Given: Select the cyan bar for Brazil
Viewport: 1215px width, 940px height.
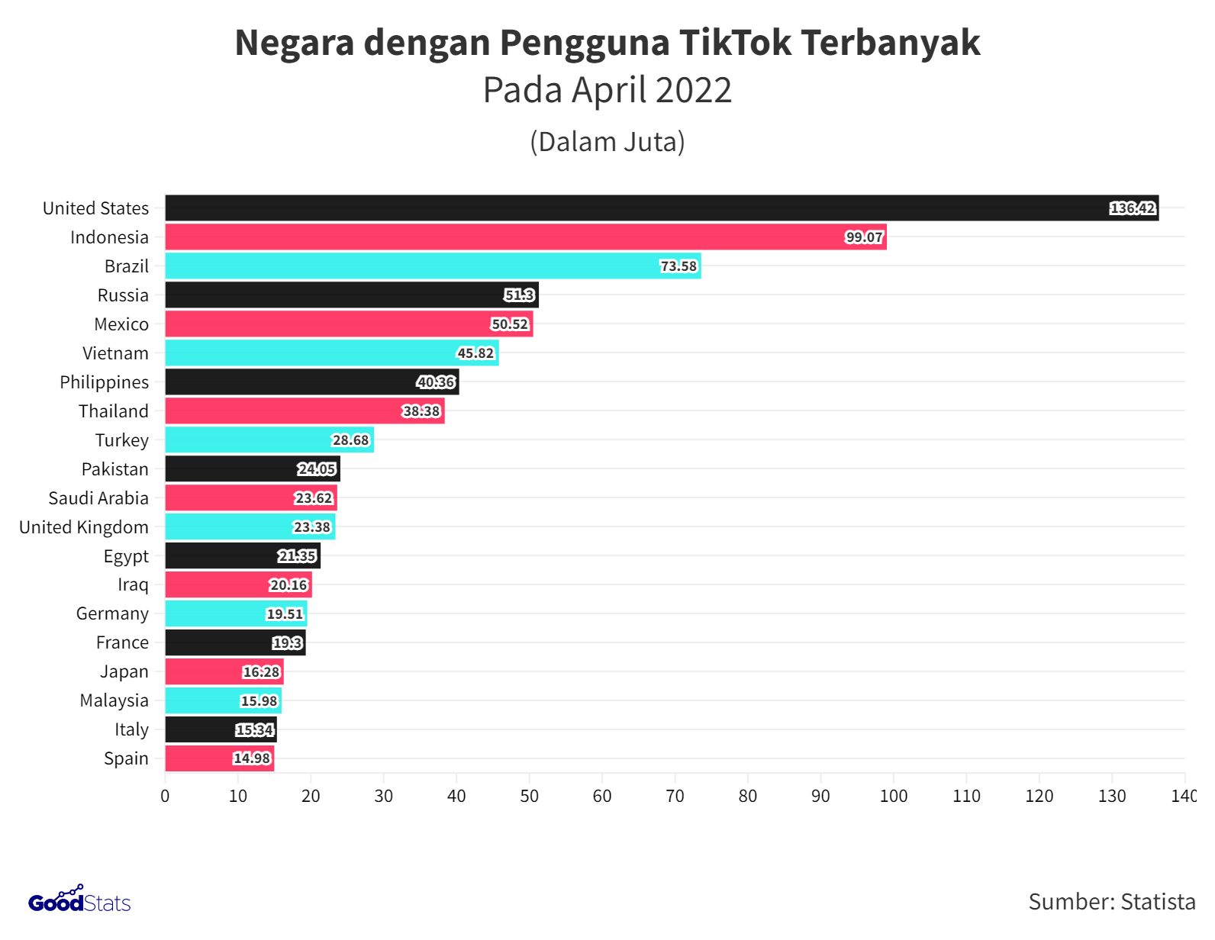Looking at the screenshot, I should [x=433, y=266].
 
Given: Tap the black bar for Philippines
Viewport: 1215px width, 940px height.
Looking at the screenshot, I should [x=311, y=382].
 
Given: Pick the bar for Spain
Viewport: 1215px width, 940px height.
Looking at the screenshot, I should [x=219, y=758].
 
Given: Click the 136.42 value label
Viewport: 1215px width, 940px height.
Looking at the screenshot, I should [x=1133, y=208].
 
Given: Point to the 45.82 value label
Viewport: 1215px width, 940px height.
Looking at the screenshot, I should [x=475, y=353].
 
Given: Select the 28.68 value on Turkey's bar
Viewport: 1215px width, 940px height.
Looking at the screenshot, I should [x=350, y=440].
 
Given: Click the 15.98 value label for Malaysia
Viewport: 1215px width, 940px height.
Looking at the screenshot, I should [x=259, y=701].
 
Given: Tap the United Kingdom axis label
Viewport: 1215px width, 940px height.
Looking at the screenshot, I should [x=84, y=527].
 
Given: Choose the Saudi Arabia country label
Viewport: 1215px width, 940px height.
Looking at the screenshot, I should [x=98, y=498].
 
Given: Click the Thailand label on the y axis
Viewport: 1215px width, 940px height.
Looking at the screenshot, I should [x=114, y=411].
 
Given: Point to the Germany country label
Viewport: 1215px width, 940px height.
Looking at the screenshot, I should [x=112, y=613].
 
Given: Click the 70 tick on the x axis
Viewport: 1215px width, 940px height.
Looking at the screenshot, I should [x=675, y=797].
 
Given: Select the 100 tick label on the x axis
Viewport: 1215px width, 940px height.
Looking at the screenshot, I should [x=894, y=797].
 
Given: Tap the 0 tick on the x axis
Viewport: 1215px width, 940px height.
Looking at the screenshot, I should [x=165, y=797].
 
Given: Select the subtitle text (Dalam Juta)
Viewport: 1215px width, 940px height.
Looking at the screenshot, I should [x=607, y=142].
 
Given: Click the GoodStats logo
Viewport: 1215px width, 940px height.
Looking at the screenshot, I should [x=79, y=900].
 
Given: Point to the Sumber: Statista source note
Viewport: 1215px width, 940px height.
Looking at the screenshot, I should [x=1111, y=902].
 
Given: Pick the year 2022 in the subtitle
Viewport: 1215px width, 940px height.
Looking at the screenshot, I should [x=693, y=90].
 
